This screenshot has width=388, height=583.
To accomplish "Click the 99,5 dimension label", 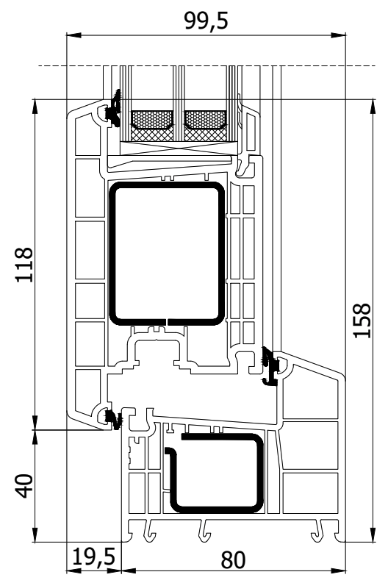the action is click(x=206, y=21).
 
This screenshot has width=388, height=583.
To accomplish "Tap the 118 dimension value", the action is click(x=24, y=265).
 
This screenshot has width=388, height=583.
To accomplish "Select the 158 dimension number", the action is click(x=362, y=321).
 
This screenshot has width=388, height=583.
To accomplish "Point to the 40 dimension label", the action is click(x=24, y=485).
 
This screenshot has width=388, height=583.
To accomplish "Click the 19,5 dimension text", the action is click(x=94, y=557).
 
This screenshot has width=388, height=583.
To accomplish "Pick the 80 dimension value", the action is click(x=234, y=559).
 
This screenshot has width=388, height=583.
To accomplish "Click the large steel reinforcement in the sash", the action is click(x=168, y=254).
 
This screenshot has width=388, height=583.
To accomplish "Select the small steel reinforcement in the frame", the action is click(x=215, y=473).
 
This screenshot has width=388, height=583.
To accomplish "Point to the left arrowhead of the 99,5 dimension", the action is click(x=73, y=35).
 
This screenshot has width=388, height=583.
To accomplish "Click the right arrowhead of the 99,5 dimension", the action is click(x=339, y=35).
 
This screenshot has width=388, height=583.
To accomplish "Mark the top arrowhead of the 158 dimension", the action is click(x=373, y=107).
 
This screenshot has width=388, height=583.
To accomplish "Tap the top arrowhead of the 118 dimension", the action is click(x=35, y=107).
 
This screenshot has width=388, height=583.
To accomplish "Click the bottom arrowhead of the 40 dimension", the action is click(x=35, y=534).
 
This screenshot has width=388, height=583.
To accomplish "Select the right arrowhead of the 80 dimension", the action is click(x=339, y=571).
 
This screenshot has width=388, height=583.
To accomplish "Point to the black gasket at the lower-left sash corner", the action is click(x=114, y=419).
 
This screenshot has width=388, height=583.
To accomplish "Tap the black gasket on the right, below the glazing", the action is click(x=270, y=367).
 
